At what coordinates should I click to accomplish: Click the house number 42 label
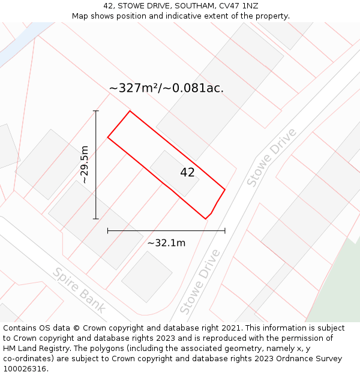point(187,173)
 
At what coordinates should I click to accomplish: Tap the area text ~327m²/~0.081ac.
point(166,88)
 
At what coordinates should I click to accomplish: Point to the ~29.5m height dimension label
point(85,164)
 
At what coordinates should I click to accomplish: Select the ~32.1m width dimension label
point(166,243)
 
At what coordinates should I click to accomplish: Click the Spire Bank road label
point(79,290)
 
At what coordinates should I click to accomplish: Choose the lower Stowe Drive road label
point(200,281)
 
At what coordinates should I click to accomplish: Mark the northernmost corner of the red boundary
point(130,111)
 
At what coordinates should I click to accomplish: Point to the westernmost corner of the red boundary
point(108,137)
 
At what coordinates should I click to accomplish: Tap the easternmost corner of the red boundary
point(225,190)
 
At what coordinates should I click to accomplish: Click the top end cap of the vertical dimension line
point(96,111)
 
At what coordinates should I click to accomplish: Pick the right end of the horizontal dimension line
point(225,230)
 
